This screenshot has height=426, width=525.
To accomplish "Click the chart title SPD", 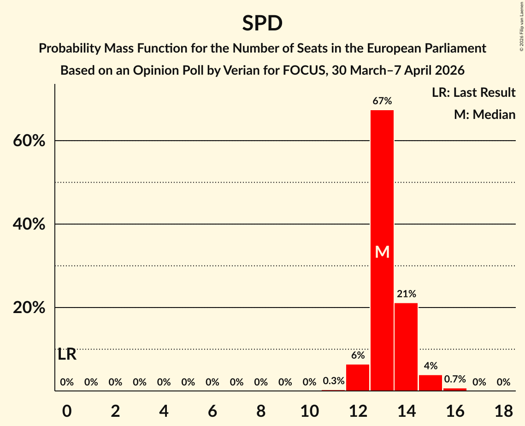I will [x=262, y=23].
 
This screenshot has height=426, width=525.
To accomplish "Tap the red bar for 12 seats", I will [x=358, y=378].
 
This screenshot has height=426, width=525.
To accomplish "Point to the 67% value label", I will [x=382, y=101].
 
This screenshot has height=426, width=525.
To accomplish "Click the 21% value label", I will [x=406, y=294].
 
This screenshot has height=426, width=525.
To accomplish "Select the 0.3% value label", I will [x=333, y=381].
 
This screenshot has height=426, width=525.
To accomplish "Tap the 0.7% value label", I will [x=455, y=379].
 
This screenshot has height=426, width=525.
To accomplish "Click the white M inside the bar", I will [x=382, y=252].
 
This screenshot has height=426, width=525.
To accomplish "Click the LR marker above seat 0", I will [x=67, y=355].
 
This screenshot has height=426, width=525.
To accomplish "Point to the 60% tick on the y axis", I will [x=29, y=141].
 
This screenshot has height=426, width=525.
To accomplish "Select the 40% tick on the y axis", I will [x=29, y=224].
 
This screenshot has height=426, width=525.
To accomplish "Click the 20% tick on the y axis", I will [x=29, y=308].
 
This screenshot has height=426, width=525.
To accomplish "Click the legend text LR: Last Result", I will [x=473, y=93].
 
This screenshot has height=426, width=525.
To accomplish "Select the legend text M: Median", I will [x=484, y=114].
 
